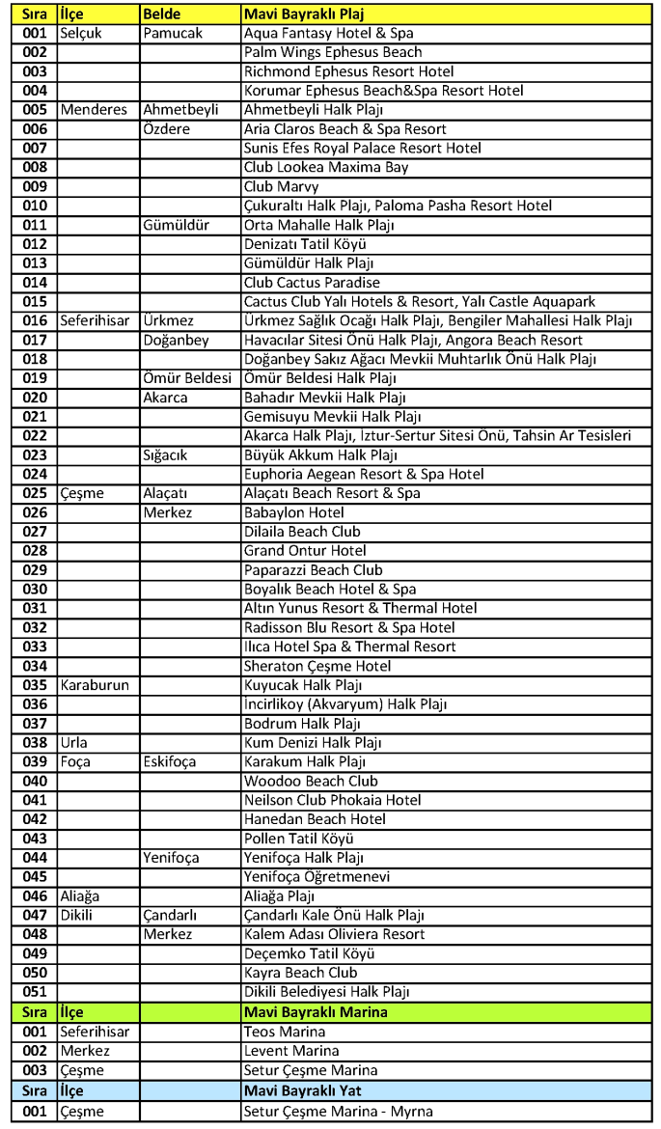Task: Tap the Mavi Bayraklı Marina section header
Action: coord(319,1012)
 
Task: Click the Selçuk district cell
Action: coord(83,33)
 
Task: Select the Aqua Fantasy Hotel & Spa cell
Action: coord(329,33)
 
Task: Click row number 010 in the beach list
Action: coord(36,206)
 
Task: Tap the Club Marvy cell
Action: coord(280,186)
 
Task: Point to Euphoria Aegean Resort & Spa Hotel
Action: coord(364,475)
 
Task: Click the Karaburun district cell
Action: coord(96,685)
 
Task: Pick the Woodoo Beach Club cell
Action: coord(311,781)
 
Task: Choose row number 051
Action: coord(36,992)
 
